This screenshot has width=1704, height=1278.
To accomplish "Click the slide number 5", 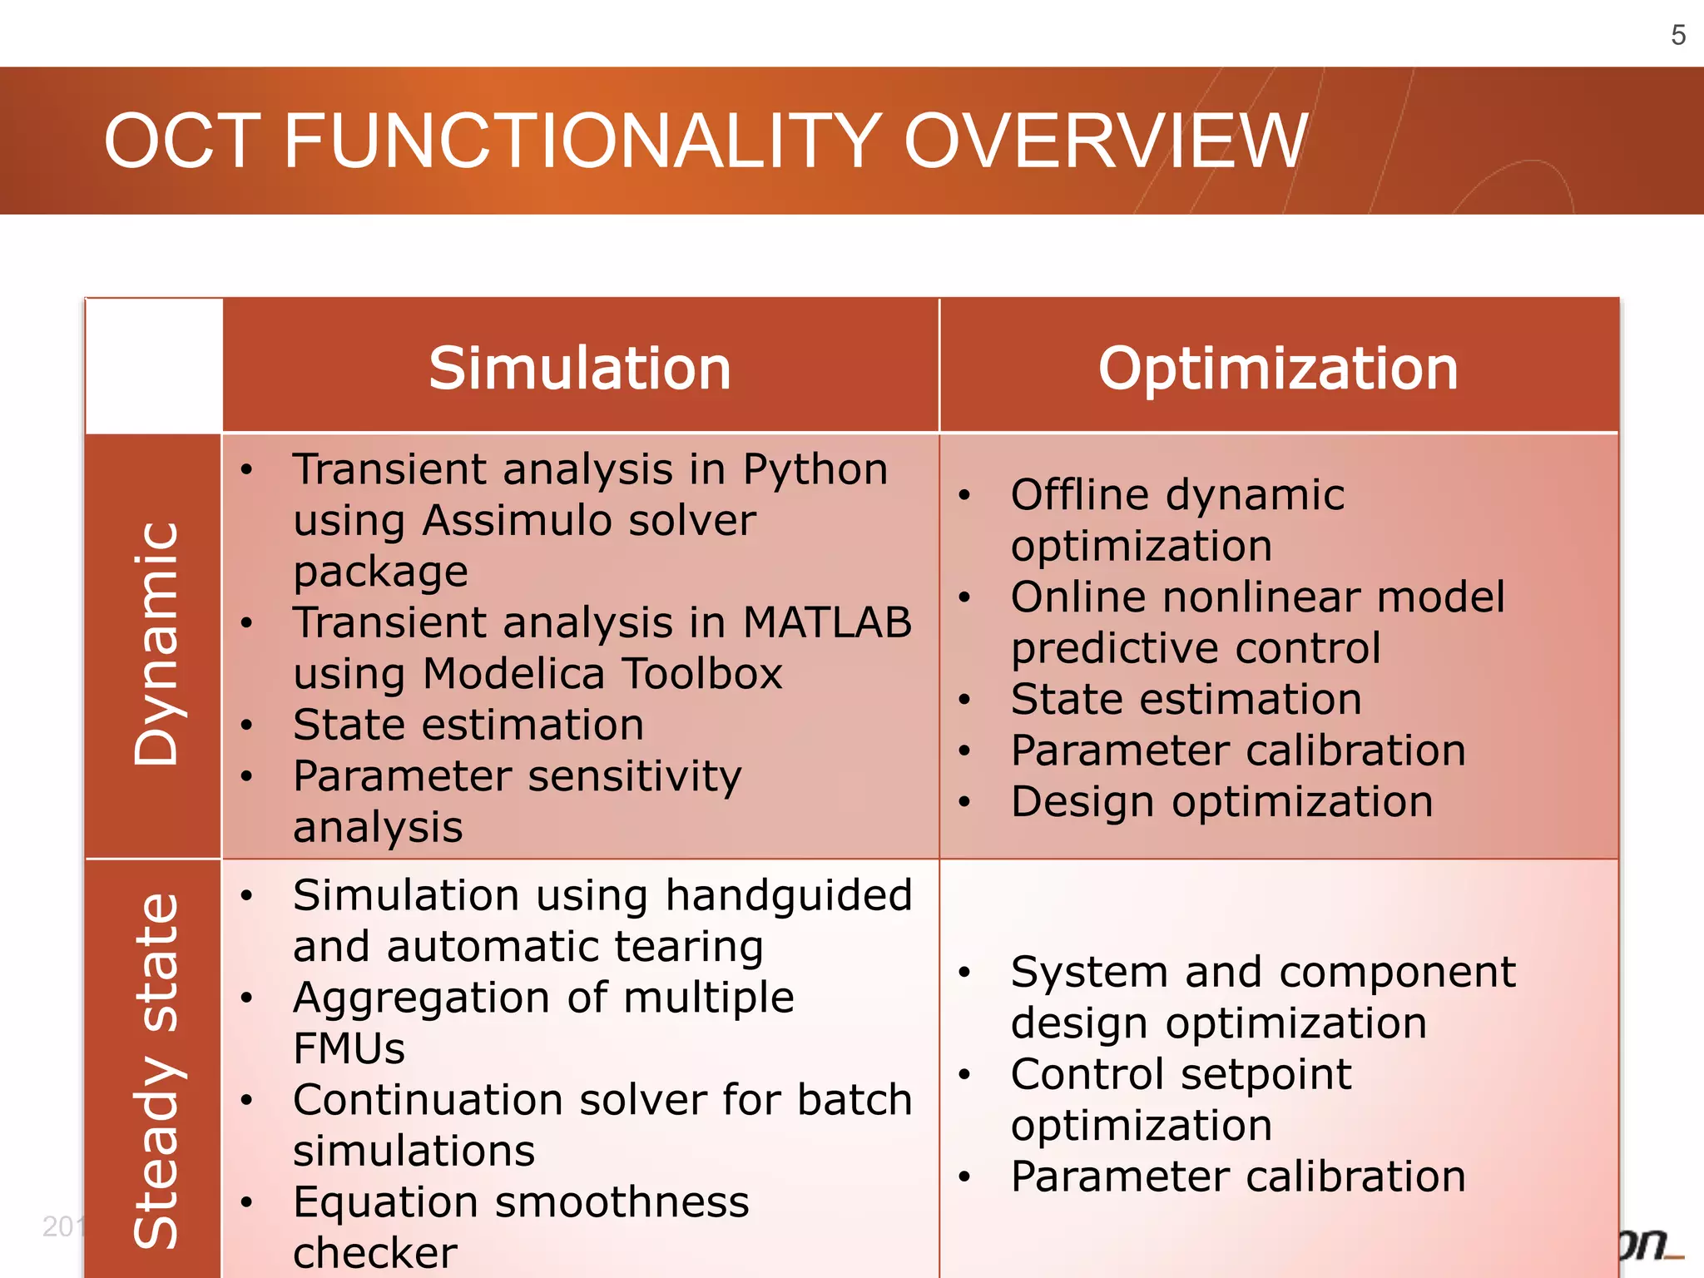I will point(1678,35).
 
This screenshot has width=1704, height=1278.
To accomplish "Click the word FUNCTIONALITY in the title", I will point(582,141).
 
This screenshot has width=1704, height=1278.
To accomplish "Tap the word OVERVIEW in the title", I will point(1106,141).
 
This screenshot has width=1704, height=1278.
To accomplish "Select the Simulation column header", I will point(580,368).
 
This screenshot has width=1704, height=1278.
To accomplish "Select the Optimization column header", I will point(1278,368).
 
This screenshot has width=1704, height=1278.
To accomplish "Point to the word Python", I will point(815,469).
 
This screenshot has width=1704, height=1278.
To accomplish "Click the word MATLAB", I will point(827,622).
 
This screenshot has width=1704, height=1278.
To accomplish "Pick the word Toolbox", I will point(702,673).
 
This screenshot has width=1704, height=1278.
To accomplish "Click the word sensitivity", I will point(634,776).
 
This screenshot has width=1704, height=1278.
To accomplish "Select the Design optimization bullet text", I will point(1221,802).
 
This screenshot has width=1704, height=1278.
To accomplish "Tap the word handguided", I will point(788,896).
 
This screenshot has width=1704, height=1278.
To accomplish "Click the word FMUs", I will point(349,1048).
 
